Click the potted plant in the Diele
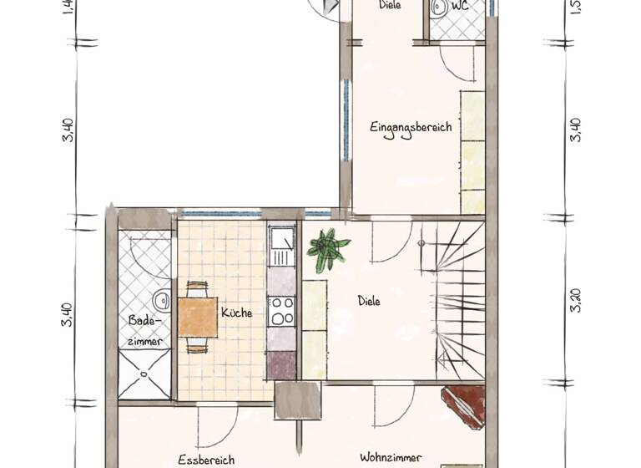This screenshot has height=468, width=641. [327, 248]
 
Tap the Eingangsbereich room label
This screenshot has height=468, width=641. [411, 128]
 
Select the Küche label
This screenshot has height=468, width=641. [237, 313]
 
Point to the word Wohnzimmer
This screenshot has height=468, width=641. [391, 457]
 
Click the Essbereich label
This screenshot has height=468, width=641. [206, 459]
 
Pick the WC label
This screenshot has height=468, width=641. [459, 5]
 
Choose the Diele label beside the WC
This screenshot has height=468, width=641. [390, 5]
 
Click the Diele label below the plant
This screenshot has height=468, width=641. [369, 301]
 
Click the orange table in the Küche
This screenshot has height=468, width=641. [198, 318]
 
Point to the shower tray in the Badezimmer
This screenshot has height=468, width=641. [144, 374]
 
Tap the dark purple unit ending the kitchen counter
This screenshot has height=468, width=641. [281, 364]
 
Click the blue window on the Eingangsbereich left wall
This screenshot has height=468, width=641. [346, 121]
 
